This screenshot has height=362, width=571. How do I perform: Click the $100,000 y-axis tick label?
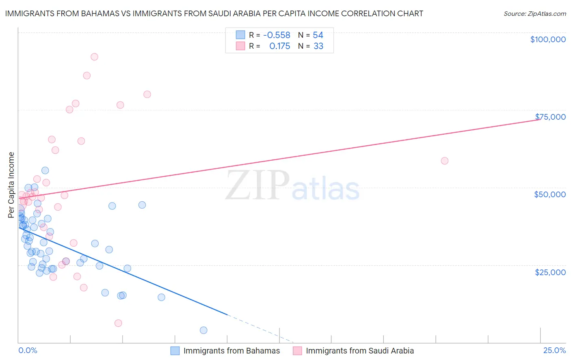pos(548,39)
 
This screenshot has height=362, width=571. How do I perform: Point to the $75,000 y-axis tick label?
pos(550,117)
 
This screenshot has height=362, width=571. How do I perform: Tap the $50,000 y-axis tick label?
pos(550,194)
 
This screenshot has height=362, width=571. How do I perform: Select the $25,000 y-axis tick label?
pos(550,272)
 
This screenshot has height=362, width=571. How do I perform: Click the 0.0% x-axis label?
pos(28,351)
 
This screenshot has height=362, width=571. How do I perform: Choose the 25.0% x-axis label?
pos(554,351)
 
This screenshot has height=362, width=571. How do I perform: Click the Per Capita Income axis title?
pos(11,185)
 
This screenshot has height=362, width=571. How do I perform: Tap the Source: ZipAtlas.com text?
pos(534,14)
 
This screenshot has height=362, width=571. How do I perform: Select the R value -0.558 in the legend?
pos(277,35)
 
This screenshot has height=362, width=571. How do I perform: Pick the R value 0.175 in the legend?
pos(279,46)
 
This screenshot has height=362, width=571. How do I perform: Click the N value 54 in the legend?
pos(318,35)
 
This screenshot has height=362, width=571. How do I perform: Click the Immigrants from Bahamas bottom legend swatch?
pos(175,351)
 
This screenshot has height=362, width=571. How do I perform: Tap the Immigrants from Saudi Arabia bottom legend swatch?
pos(297,351)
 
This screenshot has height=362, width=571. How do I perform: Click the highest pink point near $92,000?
pos(94,57)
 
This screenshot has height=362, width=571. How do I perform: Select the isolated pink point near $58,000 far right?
pos(444,161)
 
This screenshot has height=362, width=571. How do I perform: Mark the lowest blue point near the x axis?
pos(203,330)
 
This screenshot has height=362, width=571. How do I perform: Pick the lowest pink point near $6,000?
pos(118,323)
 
